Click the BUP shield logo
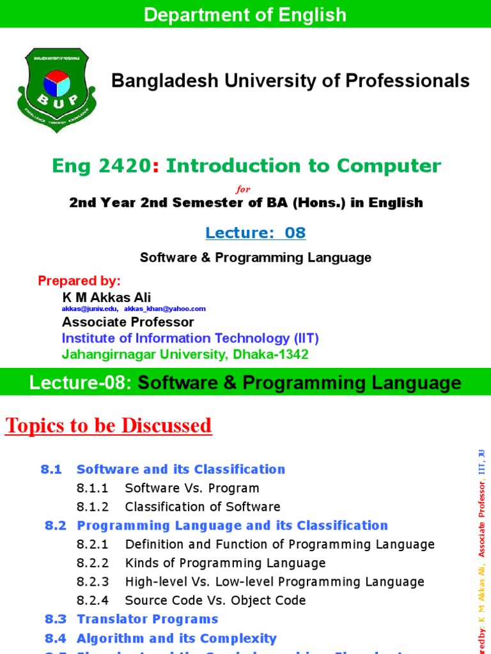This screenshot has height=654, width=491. (57, 89)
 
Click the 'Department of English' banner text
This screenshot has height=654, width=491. (245, 15)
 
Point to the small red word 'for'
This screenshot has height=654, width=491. (244, 189)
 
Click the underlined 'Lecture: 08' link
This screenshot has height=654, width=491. (256, 233)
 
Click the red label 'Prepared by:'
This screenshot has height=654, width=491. (79, 281)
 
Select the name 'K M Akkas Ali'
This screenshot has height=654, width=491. (107, 297)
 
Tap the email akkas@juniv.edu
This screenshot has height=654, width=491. (90, 309)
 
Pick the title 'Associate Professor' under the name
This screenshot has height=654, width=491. (128, 322)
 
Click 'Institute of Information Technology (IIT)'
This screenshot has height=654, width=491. (190, 338)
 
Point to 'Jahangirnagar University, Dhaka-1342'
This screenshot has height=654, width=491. (185, 354)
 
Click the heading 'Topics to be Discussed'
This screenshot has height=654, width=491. (109, 425)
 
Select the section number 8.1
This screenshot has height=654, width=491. (51, 469)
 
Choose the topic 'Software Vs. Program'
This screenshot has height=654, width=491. (192, 489)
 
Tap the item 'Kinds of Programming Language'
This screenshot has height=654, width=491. (226, 563)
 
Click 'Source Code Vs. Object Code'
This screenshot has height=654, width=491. (215, 600)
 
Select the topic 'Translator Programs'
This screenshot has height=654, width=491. (148, 619)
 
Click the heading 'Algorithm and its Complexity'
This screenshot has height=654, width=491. (176, 638)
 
